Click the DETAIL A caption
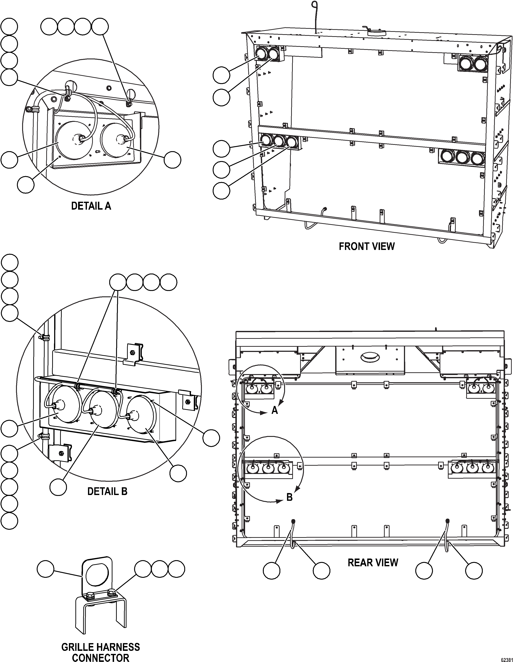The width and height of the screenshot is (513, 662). (91, 206)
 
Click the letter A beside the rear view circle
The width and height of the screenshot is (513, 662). (274, 410)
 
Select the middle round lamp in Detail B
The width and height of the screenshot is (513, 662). (103, 410)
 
